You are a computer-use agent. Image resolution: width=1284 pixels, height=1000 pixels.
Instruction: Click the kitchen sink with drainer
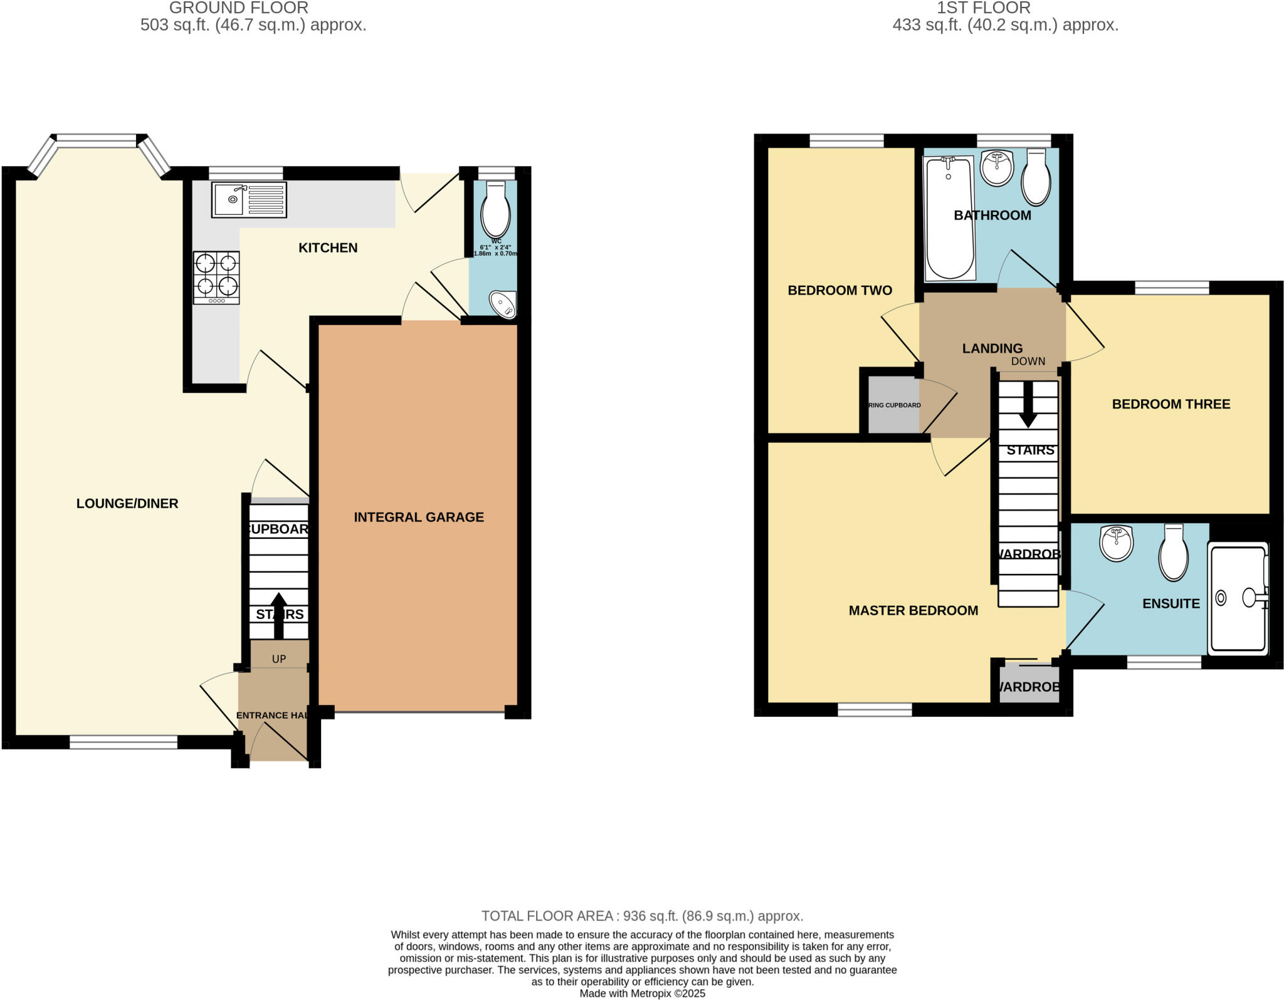click(249, 200)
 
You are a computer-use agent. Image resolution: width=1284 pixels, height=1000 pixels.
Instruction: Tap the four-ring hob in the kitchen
click(216, 277)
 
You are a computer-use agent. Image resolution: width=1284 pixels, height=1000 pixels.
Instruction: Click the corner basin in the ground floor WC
click(503, 305)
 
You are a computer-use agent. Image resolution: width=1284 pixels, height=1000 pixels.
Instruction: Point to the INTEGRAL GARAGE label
click(418, 517)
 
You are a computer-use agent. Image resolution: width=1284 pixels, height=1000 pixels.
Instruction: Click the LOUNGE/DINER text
click(127, 503)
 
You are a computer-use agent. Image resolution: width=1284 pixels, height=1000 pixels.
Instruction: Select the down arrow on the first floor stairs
click(1028, 405)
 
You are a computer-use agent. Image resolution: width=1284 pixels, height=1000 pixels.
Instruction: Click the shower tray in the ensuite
click(1238, 598)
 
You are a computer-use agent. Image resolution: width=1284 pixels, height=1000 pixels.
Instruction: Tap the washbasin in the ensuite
click(1116, 543)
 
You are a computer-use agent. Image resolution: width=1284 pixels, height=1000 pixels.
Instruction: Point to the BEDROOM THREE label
click(1171, 404)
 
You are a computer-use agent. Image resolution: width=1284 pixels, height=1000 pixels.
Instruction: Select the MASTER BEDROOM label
click(913, 610)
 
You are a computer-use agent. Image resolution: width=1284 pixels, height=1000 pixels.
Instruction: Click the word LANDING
click(992, 348)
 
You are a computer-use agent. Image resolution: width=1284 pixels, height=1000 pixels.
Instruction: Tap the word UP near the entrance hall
click(279, 659)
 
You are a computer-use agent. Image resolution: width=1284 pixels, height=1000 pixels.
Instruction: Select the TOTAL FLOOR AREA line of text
click(642, 916)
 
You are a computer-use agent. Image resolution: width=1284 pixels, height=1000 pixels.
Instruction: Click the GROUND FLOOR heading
click(239, 8)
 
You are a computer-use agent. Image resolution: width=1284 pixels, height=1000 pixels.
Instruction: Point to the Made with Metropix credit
click(642, 993)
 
